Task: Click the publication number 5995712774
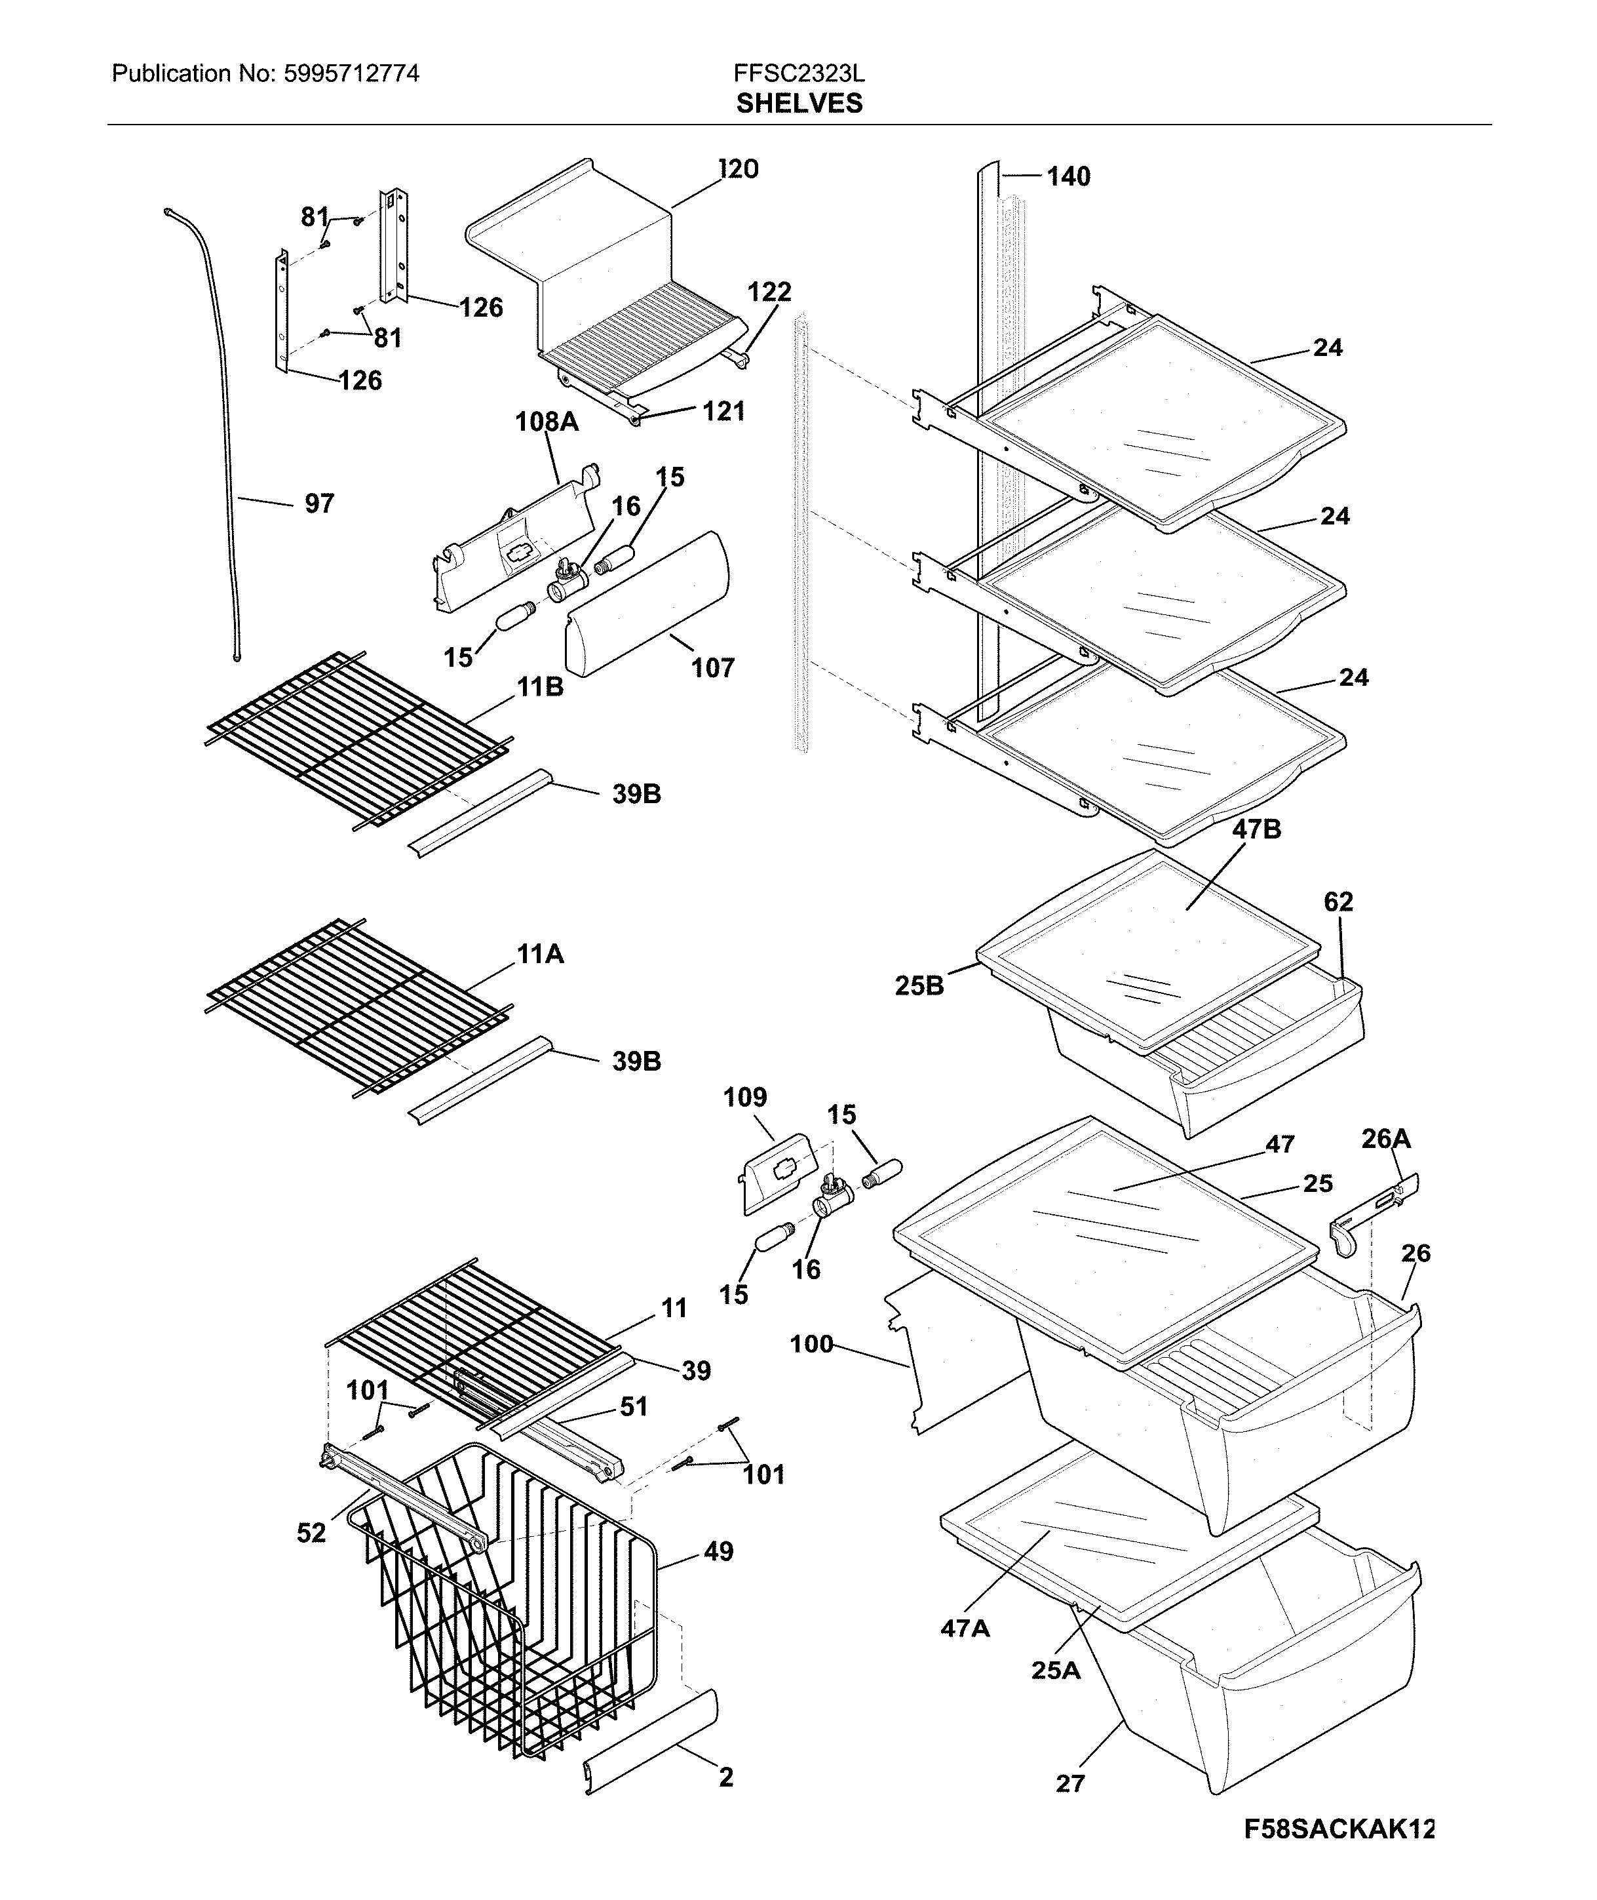coord(351,74)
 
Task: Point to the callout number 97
coord(318,504)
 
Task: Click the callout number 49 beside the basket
coord(718,1551)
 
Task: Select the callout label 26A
coord(1386,1138)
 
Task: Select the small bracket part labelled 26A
coord(1372,1214)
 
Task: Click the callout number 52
coord(311,1534)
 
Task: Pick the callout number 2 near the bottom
coord(725,1778)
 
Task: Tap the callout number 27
coord(1070,1784)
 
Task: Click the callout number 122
coord(769,292)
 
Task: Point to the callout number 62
coord(1338,902)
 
